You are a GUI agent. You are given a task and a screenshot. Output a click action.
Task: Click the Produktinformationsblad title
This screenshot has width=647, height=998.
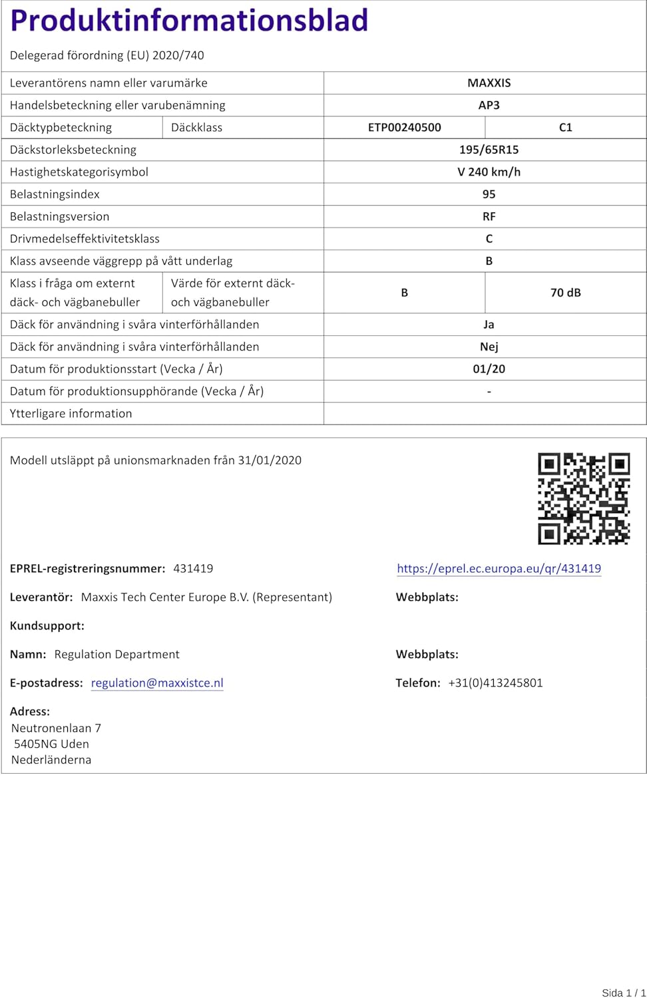pos(189,21)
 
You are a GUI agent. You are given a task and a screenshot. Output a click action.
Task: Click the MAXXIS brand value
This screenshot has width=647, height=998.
pos(489,83)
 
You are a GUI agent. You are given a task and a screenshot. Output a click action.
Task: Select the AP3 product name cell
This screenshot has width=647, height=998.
pos(489,105)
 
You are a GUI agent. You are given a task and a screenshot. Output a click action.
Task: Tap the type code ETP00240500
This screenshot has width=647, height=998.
pos(404,128)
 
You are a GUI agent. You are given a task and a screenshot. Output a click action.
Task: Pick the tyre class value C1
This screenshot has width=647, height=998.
pos(565,128)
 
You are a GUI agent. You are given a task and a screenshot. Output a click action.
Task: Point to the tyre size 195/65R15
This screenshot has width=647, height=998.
pos(489,150)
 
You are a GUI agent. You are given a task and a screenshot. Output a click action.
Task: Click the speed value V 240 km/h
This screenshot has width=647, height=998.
pos(489,172)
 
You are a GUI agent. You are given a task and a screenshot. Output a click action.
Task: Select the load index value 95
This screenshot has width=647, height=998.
pos(489,194)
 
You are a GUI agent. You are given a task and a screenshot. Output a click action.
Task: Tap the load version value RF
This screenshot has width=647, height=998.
pos(489,217)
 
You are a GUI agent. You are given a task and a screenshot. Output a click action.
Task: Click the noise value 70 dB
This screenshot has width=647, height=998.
pos(565,293)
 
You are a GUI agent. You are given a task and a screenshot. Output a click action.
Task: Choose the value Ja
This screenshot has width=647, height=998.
pos(489,325)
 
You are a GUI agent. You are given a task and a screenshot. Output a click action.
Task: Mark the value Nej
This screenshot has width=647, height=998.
pos(489,347)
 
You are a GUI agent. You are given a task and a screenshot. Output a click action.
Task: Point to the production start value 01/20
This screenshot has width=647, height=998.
pos(489,369)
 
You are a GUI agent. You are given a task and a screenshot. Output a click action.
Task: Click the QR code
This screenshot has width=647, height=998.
pos(584,498)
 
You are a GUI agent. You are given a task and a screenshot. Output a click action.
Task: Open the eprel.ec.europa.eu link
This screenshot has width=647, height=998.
pos(499,569)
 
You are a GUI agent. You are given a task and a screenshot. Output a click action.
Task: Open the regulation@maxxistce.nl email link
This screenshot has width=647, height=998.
pos(157,683)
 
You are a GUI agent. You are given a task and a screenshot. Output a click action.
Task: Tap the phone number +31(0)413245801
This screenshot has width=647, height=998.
pos(495,683)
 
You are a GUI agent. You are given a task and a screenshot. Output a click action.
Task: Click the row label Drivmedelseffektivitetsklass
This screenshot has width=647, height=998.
pos(85,239)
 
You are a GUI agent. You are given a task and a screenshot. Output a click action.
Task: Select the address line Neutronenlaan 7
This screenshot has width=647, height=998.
pos(56,729)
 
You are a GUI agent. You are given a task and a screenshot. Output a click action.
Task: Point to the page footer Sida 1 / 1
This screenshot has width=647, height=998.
pos(623,993)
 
